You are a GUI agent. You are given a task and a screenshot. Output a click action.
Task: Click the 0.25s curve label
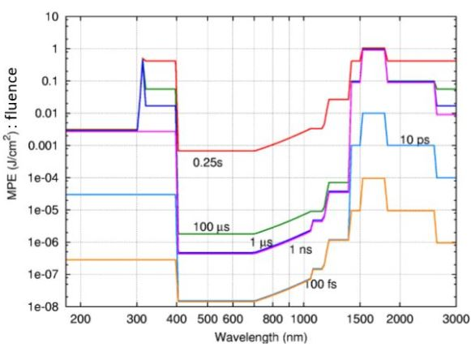207,161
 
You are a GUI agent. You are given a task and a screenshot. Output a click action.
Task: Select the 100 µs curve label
213,225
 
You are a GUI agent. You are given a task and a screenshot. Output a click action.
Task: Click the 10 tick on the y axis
53,16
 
